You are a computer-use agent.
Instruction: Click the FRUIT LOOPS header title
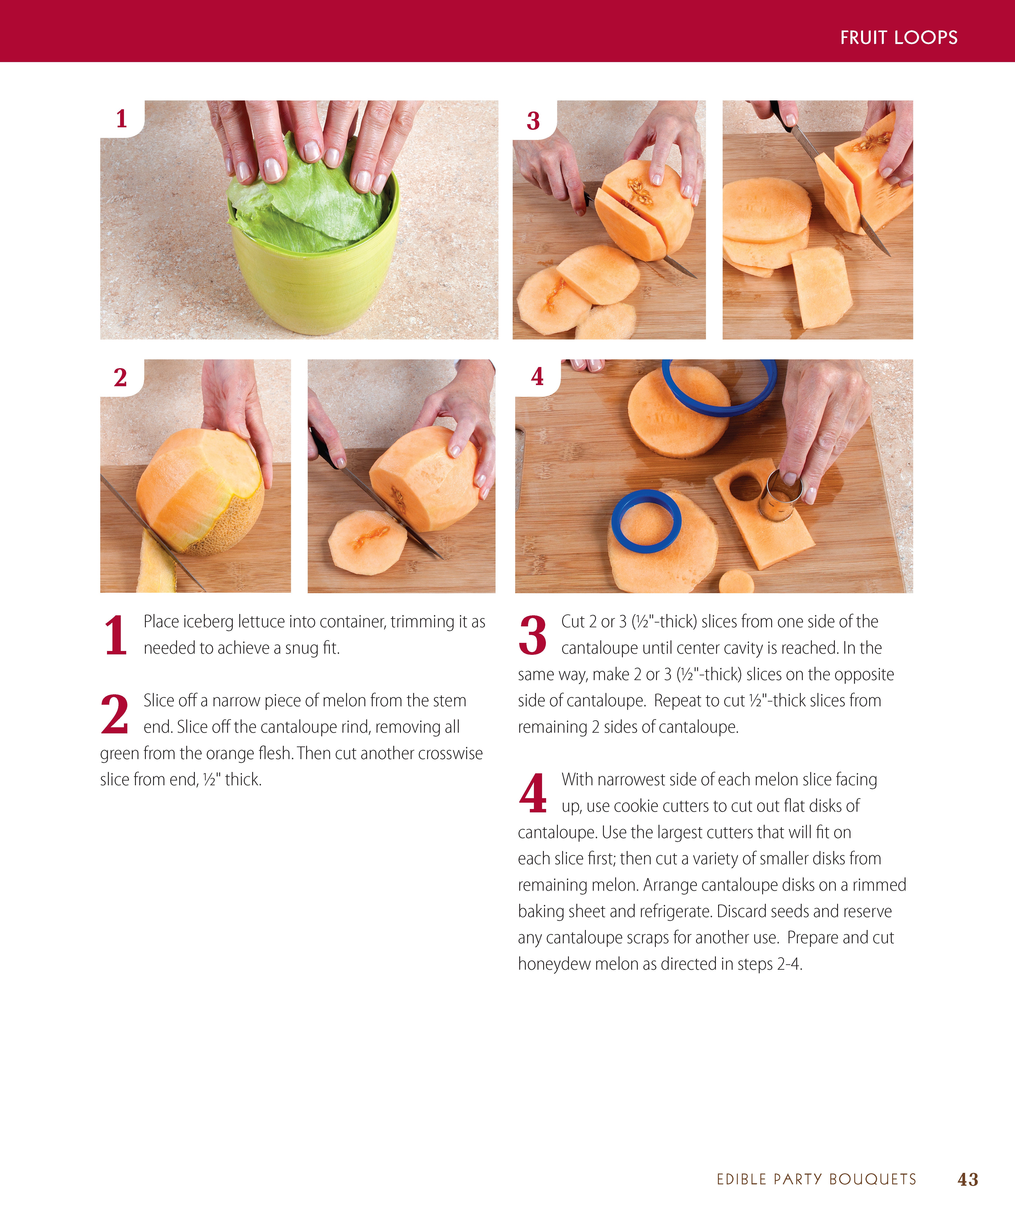[899, 38]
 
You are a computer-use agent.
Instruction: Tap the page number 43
[967, 1179]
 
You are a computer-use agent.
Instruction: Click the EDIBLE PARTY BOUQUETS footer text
[816, 1179]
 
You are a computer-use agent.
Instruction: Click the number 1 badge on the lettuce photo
[121, 119]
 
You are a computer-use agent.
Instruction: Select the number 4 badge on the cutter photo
[537, 377]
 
